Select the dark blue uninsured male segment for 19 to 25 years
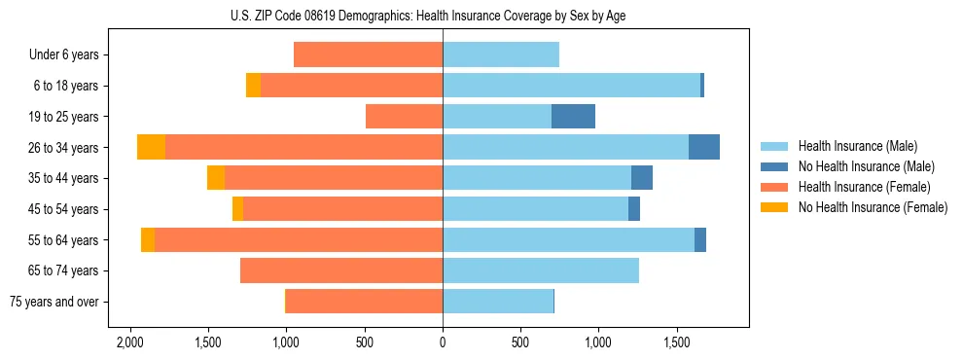[x=573, y=117]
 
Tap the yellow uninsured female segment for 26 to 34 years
[x=151, y=147]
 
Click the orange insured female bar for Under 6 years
[x=368, y=54]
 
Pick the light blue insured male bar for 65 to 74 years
[x=540, y=270]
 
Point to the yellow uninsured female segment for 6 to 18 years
[x=253, y=86]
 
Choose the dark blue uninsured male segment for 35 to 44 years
[x=641, y=178]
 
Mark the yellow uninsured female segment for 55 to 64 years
[x=148, y=239]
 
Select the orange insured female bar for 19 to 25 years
[x=404, y=117]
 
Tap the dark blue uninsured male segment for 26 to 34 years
[x=703, y=147]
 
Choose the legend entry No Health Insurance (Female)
[x=873, y=207]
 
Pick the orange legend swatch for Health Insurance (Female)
[x=774, y=187]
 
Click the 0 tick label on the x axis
[x=443, y=342]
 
